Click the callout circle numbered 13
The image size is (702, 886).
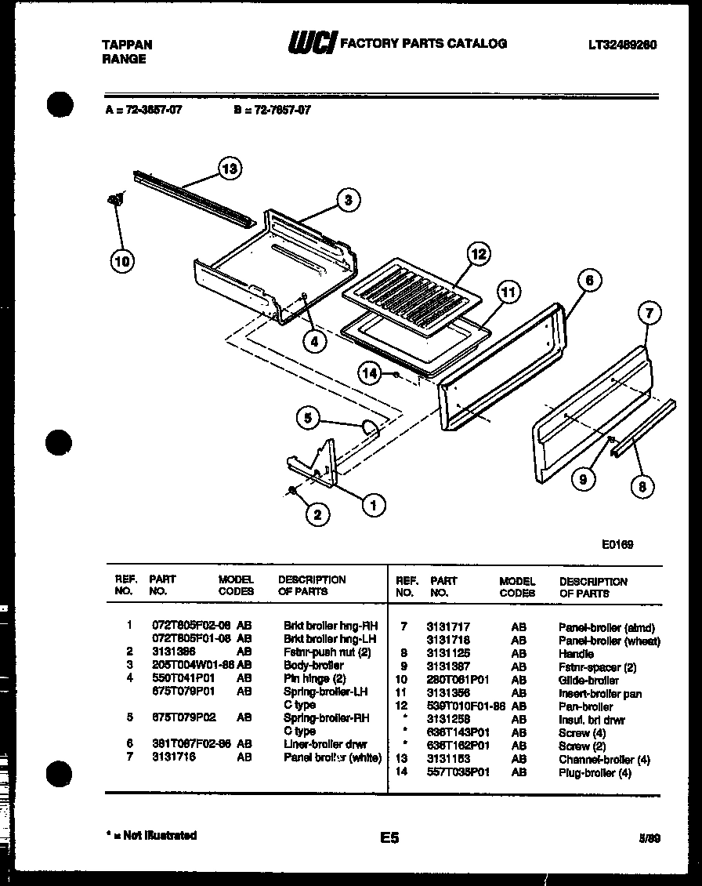229,169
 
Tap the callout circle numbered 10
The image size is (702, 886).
122,261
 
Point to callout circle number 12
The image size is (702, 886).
479,254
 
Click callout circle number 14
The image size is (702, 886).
371,374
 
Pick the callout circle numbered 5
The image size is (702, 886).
308,419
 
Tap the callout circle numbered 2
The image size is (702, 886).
317,514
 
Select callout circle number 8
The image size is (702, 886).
642,487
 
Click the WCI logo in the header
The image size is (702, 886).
312,43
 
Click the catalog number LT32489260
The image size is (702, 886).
623,45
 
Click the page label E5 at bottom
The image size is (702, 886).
389,838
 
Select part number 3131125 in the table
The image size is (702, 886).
448,653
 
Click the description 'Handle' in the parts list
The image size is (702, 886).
576,653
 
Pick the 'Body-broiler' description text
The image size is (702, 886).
313,665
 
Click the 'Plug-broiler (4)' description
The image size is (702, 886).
595,772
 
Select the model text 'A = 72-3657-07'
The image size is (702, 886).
143,111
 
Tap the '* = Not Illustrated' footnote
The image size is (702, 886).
150,835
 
